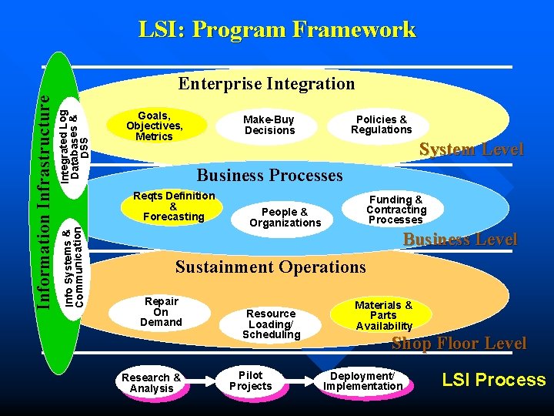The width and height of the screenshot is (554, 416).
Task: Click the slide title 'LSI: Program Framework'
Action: coord(277,30)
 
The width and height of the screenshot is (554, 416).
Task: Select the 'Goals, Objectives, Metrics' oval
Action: coord(155,126)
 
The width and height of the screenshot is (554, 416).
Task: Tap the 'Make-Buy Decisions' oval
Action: coord(269,125)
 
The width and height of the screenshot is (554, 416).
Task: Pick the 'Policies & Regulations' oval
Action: coord(382,124)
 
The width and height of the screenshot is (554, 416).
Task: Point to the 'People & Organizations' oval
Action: coord(285,217)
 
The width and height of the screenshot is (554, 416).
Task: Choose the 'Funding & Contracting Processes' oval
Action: coord(396,210)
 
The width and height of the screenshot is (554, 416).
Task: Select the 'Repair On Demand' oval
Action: coord(161,312)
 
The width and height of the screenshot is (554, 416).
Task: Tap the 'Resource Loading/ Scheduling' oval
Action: coord(271,324)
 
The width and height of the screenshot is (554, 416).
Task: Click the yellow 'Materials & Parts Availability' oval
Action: coord(383,315)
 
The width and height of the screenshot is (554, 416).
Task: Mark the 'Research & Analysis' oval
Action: coord(152,383)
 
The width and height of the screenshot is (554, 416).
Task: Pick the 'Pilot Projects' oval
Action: coord(251,381)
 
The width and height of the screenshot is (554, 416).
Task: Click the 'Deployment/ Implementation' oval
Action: coord(362,381)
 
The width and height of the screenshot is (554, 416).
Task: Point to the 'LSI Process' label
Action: coord(493,380)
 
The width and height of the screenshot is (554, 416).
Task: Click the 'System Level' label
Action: coord(471,149)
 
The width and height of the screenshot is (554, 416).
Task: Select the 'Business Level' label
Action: coord(460,240)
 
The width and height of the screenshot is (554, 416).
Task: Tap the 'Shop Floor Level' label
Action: coord(459,344)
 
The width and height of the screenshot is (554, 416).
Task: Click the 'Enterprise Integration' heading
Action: coord(266,83)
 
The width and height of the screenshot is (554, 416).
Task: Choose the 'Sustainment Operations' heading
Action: coord(271,267)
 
